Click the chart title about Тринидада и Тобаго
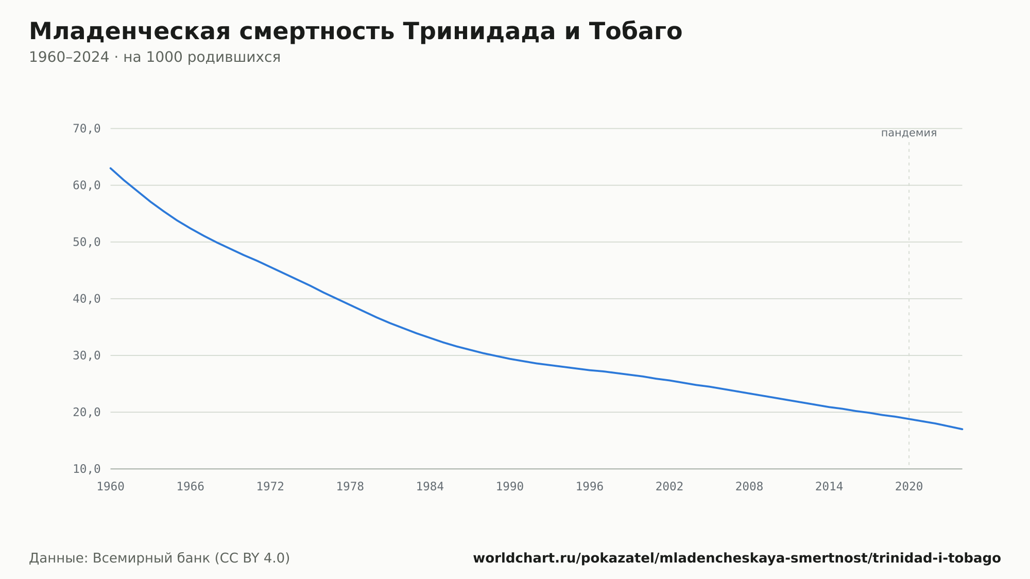pos(355,31)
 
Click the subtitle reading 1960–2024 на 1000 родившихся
pos(154,57)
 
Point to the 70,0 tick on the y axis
pos(87,129)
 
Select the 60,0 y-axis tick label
pos(87,185)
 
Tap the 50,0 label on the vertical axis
pos(87,242)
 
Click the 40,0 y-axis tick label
pos(87,299)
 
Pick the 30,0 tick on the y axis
pos(87,355)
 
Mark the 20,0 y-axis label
pos(87,412)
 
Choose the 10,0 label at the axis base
pos(87,469)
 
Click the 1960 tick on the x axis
pos(111,487)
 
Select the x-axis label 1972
pos(270,487)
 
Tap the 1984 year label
pos(430,487)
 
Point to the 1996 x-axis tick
pos(590,487)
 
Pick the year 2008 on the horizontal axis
pos(749,487)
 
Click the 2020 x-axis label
pos(909,487)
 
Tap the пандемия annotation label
pos(909,133)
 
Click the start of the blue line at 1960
pos(111,168)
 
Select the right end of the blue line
pos(962,429)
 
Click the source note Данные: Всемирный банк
pos(160,558)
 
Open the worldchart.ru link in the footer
pos(737,558)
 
